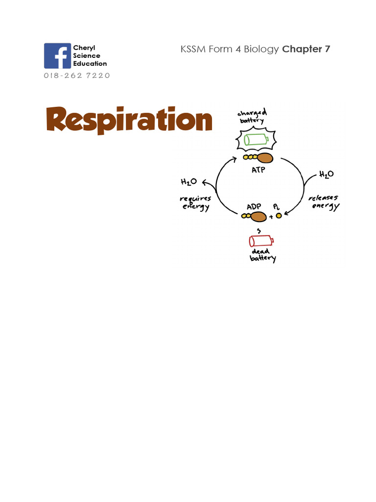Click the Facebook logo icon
click(57, 56)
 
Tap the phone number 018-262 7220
click(77, 75)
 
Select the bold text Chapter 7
click(306, 49)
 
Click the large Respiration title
click(129, 120)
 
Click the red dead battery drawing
click(261, 241)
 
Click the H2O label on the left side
click(189, 182)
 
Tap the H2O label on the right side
click(327, 175)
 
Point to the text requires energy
click(195, 202)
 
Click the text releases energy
click(323, 202)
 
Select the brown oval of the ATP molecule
click(265, 158)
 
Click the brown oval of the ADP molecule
click(258, 217)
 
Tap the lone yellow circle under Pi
click(279, 216)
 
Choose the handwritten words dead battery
click(263, 255)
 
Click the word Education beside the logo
click(90, 63)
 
